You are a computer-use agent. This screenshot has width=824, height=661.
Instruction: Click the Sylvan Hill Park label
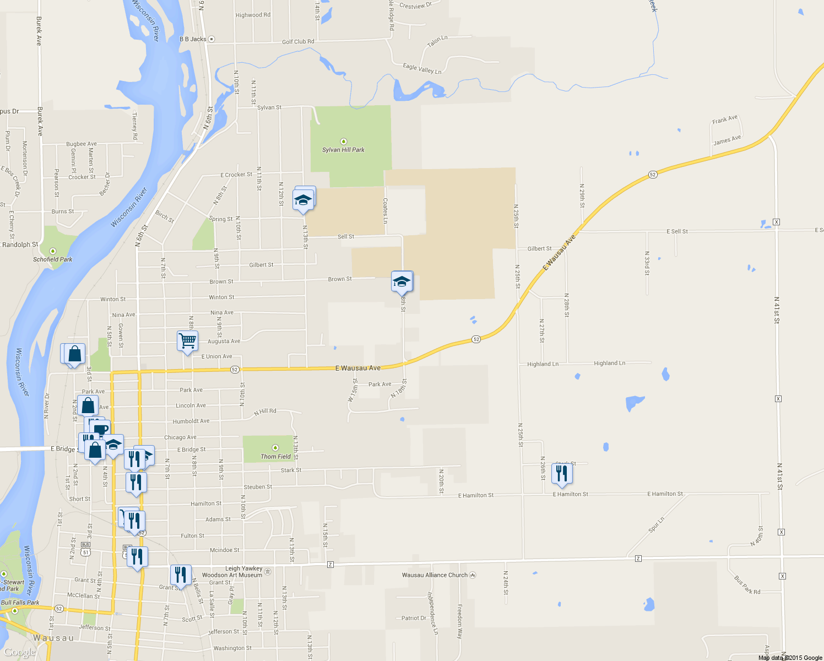(x=343, y=150)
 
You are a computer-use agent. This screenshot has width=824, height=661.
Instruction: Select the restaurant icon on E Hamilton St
(x=562, y=474)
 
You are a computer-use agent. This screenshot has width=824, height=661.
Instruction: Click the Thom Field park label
(x=275, y=457)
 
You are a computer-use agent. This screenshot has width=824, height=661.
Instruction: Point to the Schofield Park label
(x=52, y=259)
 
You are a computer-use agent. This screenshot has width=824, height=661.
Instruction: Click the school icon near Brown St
(x=402, y=281)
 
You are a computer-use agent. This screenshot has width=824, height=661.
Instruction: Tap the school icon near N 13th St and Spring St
(x=303, y=200)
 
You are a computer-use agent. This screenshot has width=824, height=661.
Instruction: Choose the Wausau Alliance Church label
(x=435, y=575)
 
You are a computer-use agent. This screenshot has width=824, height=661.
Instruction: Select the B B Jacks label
(x=193, y=39)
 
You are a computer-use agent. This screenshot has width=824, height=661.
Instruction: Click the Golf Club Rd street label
(x=298, y=42)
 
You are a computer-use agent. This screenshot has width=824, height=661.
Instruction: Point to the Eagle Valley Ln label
(x=422, y=69)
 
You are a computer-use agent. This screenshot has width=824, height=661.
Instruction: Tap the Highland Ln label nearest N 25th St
(x=543, y=364)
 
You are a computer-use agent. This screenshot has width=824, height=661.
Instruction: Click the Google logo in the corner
(x=20, y=652)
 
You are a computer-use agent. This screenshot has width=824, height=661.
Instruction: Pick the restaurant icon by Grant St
(x=180, y=575)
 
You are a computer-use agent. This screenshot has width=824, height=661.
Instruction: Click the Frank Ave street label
(x=724, y=120)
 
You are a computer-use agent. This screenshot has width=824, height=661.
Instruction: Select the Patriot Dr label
(x=414, y=618)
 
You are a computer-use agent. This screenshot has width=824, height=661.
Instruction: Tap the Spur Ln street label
(x=656, y=524)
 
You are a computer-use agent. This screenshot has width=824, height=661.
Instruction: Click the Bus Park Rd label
(x=747, y=585)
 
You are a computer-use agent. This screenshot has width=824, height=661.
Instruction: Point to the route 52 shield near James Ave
(x=653, y=175)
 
